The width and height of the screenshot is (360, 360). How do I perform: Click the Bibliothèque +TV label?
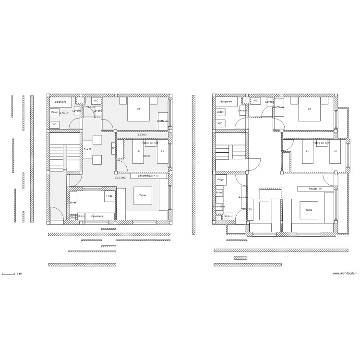click(148, 176)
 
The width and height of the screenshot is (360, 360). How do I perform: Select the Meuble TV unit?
click(315, 189)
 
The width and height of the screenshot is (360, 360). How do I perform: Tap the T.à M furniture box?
click(87, 149)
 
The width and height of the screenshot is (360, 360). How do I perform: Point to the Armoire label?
click(243, 197)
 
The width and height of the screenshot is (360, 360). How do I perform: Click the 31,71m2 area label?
click(120, 178)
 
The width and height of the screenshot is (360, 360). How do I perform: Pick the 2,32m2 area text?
click(142, 135)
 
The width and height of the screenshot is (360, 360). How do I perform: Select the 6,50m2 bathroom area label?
click(64, 113)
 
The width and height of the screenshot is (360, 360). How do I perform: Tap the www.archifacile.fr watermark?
click(345, 274)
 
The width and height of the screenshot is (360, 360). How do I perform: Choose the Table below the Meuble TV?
click(309, 210)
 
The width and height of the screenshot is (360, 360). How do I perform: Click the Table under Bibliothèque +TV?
click(143, 195)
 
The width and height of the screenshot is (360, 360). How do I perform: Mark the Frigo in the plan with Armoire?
click(220, 180)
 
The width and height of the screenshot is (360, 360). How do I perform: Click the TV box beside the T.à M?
click(113, 148)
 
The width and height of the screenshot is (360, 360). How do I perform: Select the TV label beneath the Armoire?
click(250, 210)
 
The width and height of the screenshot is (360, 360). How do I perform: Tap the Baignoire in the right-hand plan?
click(226, 102)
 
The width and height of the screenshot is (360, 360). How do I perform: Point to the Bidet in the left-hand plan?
click(55, 112)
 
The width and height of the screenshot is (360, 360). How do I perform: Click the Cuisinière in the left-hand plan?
click(97, 216)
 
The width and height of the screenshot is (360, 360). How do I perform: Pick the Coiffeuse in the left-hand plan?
click(163, 121)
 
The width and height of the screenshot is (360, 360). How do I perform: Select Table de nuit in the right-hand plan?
click(321, 143)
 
